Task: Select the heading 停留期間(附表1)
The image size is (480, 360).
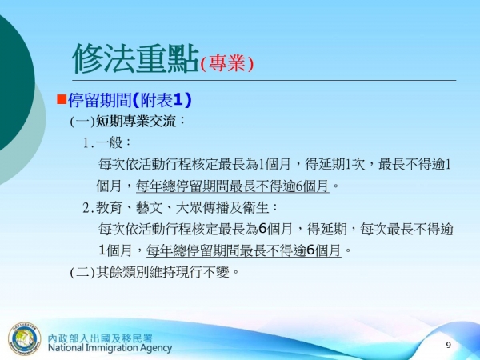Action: (x=129, y=101)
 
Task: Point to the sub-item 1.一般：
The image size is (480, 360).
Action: (x=108, y=144)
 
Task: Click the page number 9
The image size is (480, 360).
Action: (x=448, y=344)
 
